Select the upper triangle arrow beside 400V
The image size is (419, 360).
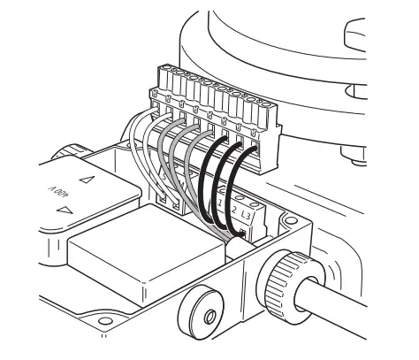(x=87, y=180)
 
